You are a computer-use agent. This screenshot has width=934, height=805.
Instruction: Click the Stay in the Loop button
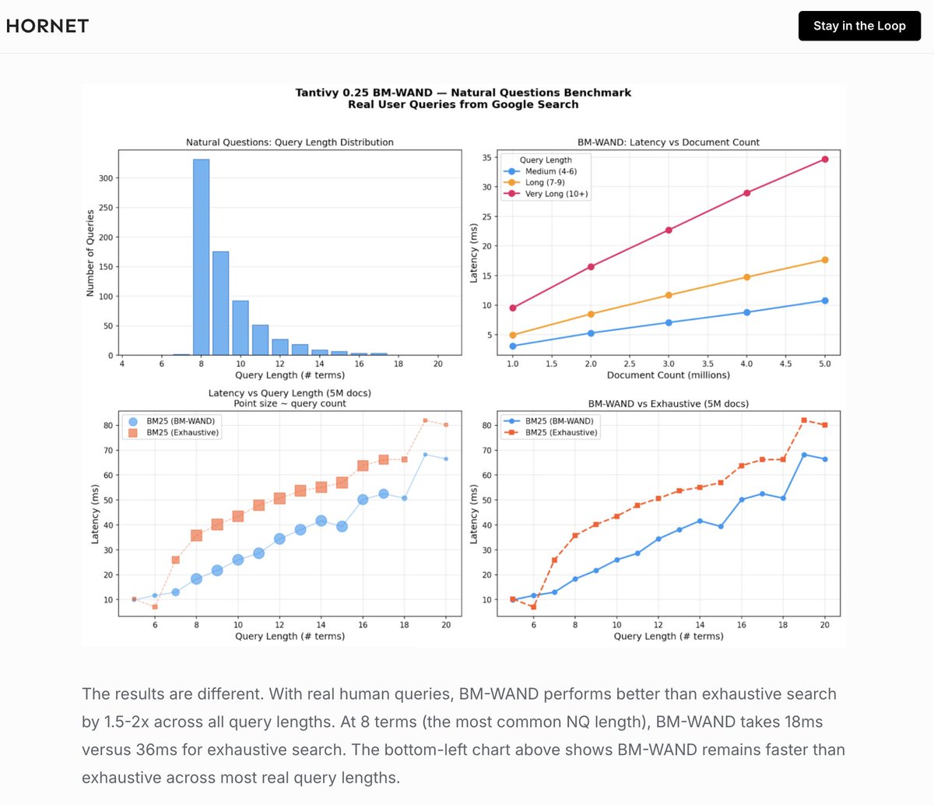[859, 26]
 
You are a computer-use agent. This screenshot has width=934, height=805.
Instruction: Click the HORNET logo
[47, 26]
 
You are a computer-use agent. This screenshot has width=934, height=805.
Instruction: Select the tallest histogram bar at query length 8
[201, 257]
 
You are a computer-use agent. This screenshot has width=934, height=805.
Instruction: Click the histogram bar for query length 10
[241, 328]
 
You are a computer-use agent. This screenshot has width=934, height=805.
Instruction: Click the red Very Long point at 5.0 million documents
[825, 159]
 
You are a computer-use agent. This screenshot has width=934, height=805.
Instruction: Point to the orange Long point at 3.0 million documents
[669, 295]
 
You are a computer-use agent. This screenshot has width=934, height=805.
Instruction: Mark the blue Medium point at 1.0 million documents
[512, 346]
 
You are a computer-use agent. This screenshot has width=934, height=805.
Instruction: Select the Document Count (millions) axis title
[669, 375]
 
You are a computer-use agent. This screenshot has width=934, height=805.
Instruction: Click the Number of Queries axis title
[90, 252]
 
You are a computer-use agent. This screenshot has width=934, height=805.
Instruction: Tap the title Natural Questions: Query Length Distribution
[290, 142]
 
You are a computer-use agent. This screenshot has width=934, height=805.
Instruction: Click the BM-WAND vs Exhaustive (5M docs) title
[669, 404]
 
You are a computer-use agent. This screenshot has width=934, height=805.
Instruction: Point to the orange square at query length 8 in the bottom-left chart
[196, 536]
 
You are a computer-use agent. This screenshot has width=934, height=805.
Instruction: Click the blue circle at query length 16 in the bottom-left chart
[363, 500]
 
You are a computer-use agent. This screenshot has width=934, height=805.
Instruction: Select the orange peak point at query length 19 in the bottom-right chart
[804, 420]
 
